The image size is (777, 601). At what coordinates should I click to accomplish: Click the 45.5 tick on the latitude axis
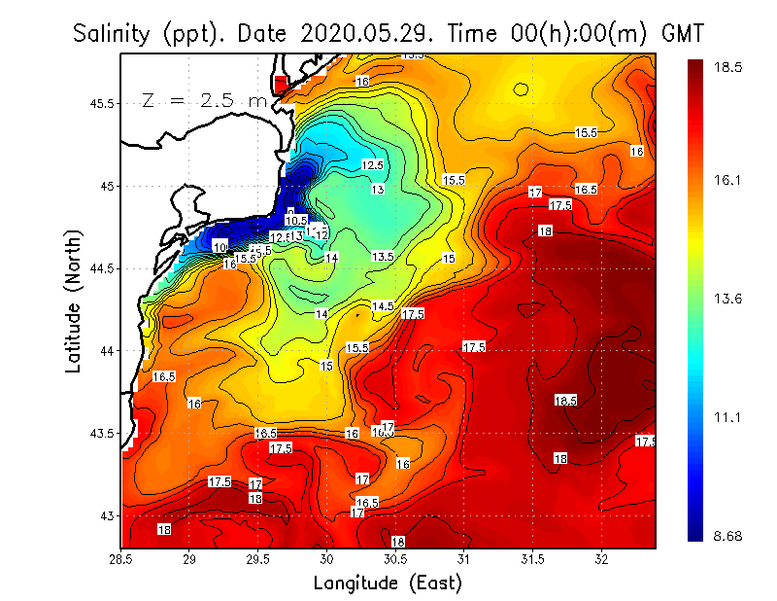tap(100, 103)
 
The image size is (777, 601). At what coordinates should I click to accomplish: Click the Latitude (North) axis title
tap(74, 301)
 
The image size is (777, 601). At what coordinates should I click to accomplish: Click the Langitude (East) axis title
tap(388, 583)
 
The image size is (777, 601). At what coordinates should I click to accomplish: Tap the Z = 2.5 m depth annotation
tap(205, 100)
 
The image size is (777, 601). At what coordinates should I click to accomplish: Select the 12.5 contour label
tap(372, 165)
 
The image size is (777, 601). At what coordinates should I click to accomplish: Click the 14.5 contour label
tap(383, 306)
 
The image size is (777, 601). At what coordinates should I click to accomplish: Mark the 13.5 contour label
tap(383, 257)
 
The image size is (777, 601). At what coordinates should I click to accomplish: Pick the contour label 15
tap(449, 259)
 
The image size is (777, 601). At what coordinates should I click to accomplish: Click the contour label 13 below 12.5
tap(377, 189)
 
